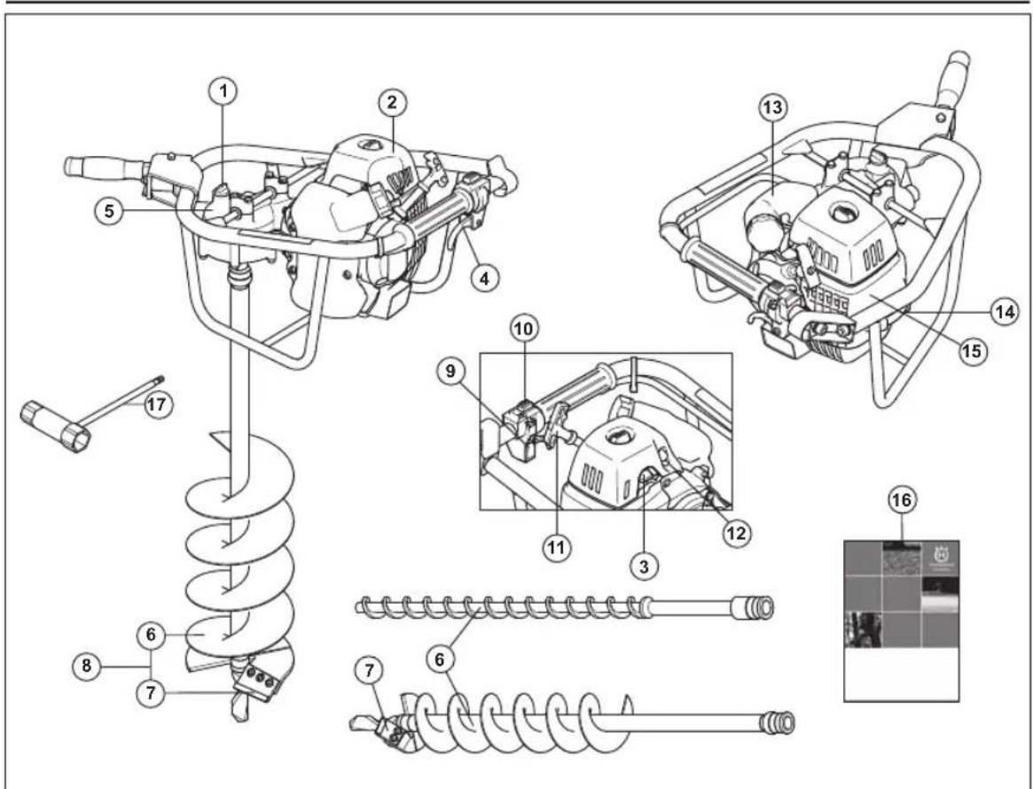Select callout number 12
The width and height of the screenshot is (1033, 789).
point(737,532)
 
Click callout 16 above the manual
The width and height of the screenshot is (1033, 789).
point(902,501)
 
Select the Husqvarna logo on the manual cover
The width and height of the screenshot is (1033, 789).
point(939,559)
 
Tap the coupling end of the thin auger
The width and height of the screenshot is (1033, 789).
point(759,607)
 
